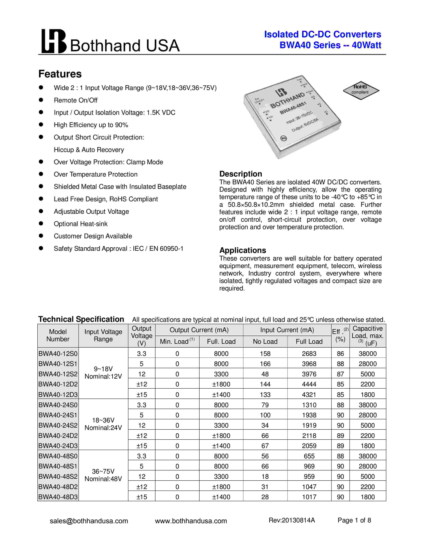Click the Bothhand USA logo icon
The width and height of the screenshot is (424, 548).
pyautogui.click(x=54, y=41)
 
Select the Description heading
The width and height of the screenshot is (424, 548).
pyautogui.click(x=240, y=174)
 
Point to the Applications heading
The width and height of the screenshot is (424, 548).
pyautogui.click(x=242, y=250)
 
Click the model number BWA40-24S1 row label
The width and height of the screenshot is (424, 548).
pyautogui.click(x=58, y=415)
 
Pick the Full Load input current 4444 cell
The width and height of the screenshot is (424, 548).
pyautogui.click(x=309, y=384)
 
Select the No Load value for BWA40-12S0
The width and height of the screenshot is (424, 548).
pyautogui.click(x=265, y=354)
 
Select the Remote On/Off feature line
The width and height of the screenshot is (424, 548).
pyautogui.click(x=76, y=100)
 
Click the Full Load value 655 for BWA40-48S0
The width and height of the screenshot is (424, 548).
pyautogui.click(x=309, y=456)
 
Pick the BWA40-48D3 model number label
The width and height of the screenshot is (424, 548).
pyautogui.click(x=58, y=497)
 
